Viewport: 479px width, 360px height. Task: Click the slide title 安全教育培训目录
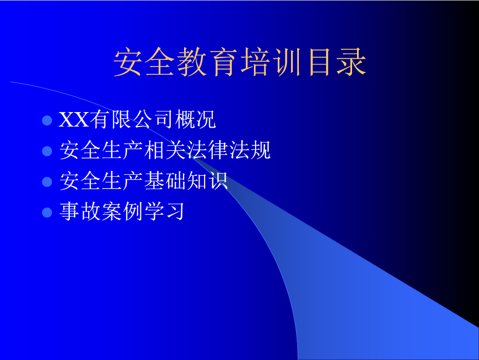click(x=240, y=62)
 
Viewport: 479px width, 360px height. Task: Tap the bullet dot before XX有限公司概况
click(x=47, y=120)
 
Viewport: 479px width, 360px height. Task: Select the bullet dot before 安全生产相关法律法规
click(x=47, y=151)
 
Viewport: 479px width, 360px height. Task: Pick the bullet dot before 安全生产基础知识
click(x=47, y=181)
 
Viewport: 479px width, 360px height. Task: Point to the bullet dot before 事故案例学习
click(x=47, y=212)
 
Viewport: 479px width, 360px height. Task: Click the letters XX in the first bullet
click(x=74, y=119)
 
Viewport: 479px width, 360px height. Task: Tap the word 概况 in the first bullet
click(x=196, y=119)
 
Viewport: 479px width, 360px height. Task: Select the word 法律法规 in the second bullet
click(x=228, y=150)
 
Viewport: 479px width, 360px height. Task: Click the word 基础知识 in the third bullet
click(x=186, y=181)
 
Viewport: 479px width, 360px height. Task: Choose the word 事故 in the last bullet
click(x=80, y=211)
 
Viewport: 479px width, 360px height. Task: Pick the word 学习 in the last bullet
click(x=164, y=211)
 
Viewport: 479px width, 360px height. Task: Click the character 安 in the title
click(x=128, y=62)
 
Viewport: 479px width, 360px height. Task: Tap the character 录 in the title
click(x=352, y=62)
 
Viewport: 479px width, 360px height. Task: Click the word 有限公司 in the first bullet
click(x=131, y=119)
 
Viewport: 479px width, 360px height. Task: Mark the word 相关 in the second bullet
click(x=165, y=150)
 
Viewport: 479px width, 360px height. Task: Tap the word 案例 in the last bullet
click(x=123, y=211)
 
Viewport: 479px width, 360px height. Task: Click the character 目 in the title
click(x=319, y=62)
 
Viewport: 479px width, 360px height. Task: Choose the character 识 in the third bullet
click(x=217, y=181)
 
